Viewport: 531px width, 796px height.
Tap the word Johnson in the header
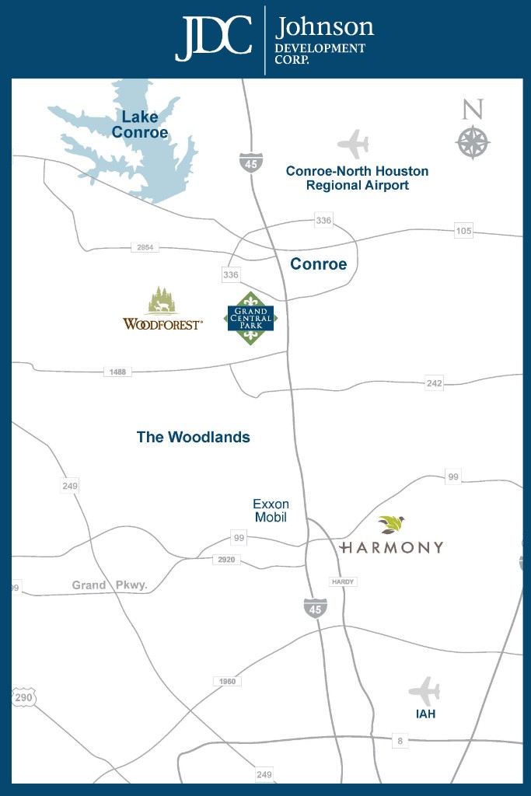[x=324, y=28]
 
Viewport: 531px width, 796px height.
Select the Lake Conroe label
[x=140, y=124]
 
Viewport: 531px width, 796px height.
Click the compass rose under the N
[x=472, y=142]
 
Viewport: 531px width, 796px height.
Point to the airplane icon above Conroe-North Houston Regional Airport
[x=354, y=145]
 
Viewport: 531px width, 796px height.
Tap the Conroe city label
[x=318, y=264]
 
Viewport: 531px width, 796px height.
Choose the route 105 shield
[x=463, y=231]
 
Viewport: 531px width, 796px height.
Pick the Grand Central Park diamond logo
[x=250, y=318]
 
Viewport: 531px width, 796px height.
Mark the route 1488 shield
[x=117, y=372]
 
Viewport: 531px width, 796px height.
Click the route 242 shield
[x=434, y=383]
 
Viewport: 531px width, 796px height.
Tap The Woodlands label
[x=194, y=437]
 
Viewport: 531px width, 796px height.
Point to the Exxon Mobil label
[x=271, y=511]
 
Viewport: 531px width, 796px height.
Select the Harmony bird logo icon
[x=391, y=525]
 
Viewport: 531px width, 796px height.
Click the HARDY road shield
[x=342, y=581]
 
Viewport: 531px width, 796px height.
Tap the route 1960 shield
[x=227, y=681]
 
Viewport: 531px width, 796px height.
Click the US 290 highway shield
[x=23, y=697]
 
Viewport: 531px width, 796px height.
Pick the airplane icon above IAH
[x=424, y=690]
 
